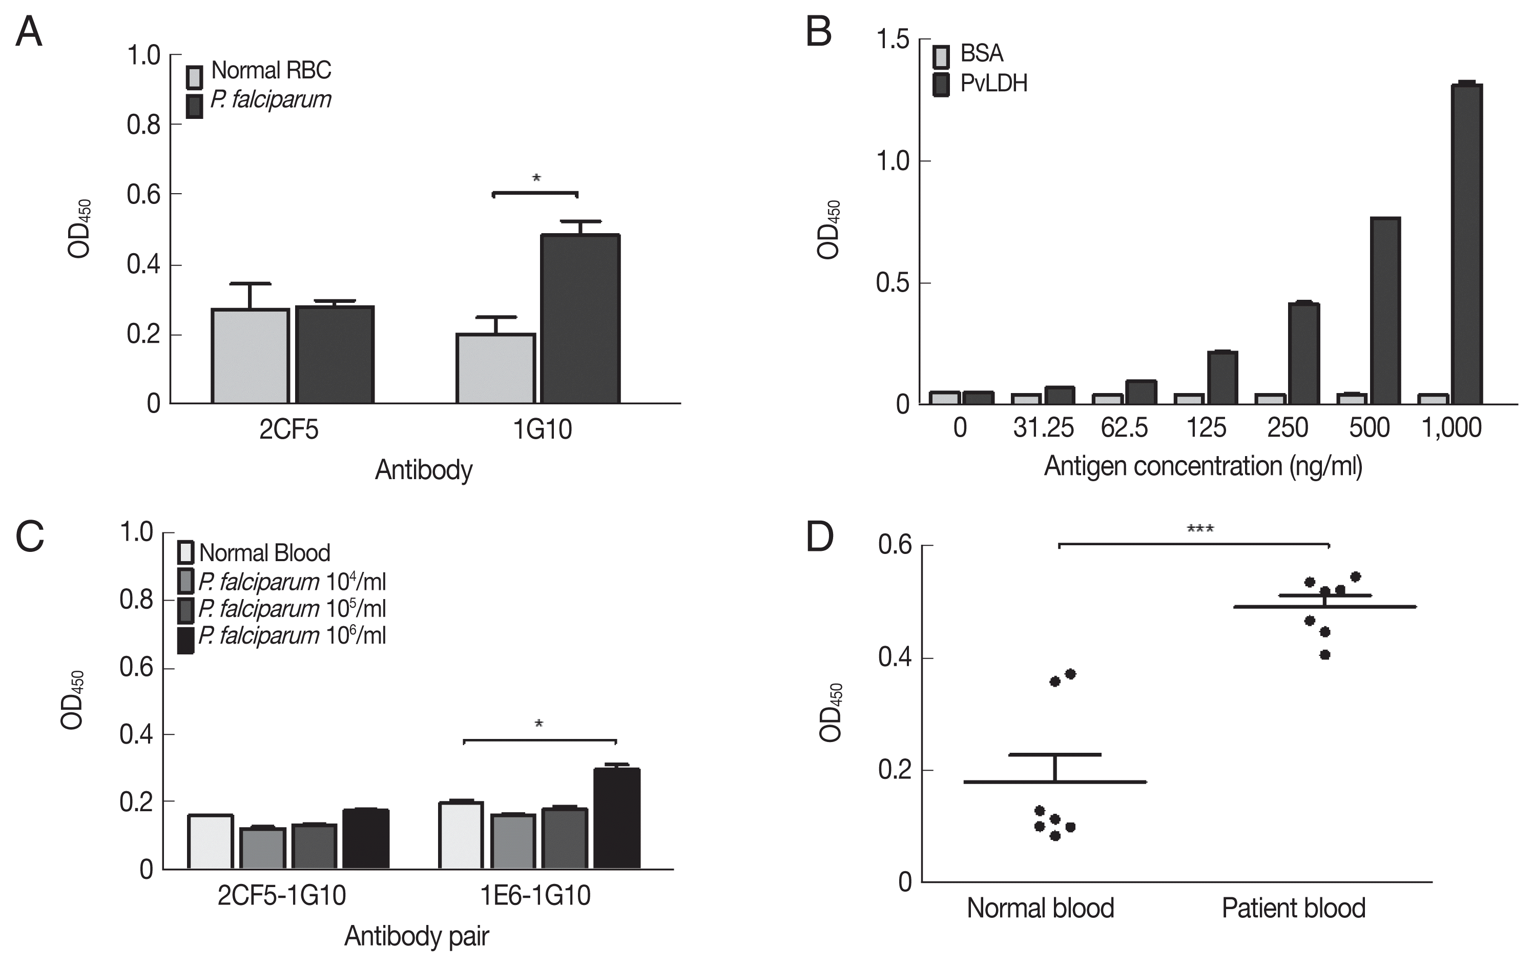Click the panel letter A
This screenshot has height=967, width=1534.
pos(29,32)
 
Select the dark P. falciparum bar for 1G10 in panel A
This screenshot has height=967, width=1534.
pos(581,319)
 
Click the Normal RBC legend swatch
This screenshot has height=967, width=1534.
pos(194,76)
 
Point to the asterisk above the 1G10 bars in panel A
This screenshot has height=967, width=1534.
pos(536,179)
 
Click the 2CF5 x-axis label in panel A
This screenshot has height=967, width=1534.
pos(288,429)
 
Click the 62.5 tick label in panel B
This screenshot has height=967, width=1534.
pos(1125,427)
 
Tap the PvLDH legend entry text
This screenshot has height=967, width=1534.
pos(994,84)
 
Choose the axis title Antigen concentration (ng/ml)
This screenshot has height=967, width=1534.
pos(1203,466)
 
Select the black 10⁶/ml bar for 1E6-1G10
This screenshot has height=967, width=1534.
pos(617,818)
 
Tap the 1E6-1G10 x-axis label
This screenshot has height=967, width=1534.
pos(535,896)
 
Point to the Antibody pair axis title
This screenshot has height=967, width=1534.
pos(417,936)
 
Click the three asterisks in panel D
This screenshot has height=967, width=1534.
pos(1200,529)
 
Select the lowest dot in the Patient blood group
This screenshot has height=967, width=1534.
pos(1325,655)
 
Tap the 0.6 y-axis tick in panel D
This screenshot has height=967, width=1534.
pos(895,545)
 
